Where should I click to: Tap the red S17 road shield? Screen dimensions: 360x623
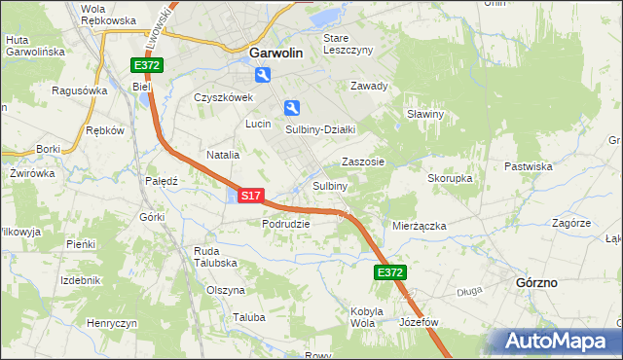[250, 196]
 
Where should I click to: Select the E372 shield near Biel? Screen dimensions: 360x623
[148, 65]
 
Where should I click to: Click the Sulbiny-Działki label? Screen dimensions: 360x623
[320, 128]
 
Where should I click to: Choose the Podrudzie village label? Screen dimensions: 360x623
[285, 224]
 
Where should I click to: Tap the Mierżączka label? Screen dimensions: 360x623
[419, 226]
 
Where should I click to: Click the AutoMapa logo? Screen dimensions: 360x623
[558, 342]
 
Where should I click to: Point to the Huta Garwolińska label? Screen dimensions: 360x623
[34, 46]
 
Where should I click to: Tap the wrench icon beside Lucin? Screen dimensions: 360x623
[291, 108]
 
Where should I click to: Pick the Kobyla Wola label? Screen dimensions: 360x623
[362, 317]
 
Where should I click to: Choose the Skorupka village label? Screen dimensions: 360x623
[450, 179]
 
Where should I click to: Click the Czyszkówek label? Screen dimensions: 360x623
[223, 97]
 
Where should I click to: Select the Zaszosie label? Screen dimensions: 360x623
[362, 162]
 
